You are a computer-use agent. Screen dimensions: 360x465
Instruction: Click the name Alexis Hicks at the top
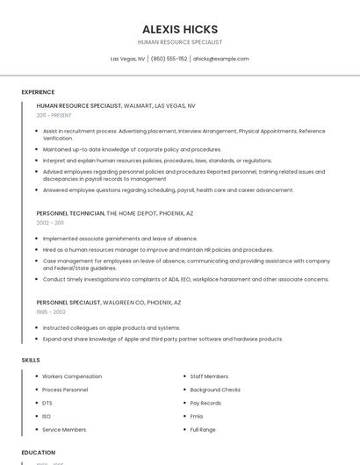180,29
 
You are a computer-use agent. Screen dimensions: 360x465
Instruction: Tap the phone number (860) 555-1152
169,59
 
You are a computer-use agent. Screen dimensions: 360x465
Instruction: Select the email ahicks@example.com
220,59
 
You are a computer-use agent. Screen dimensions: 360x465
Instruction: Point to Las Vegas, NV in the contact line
127,59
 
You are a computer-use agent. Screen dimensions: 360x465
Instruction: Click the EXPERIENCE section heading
38,92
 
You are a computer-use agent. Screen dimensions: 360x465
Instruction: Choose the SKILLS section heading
31,360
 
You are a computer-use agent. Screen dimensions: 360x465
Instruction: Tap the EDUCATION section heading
39,453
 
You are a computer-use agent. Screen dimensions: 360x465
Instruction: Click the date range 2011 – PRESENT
54,115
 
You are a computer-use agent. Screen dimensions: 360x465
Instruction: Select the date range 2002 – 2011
50,223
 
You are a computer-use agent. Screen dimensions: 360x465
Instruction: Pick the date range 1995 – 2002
51,311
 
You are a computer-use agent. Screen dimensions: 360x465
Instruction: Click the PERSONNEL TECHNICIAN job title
70,213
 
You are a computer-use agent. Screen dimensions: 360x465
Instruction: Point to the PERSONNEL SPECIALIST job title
68,302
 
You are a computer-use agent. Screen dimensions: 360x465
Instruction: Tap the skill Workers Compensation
72,376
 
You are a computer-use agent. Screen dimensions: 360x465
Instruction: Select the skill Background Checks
215,390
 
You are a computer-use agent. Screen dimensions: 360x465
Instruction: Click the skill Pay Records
205,403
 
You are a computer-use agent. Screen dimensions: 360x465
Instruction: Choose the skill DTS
47,403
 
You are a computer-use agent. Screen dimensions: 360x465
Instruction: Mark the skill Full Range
203,430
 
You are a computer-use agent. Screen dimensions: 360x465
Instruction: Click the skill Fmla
197,416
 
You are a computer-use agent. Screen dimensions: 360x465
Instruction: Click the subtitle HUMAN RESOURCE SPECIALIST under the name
180,42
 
